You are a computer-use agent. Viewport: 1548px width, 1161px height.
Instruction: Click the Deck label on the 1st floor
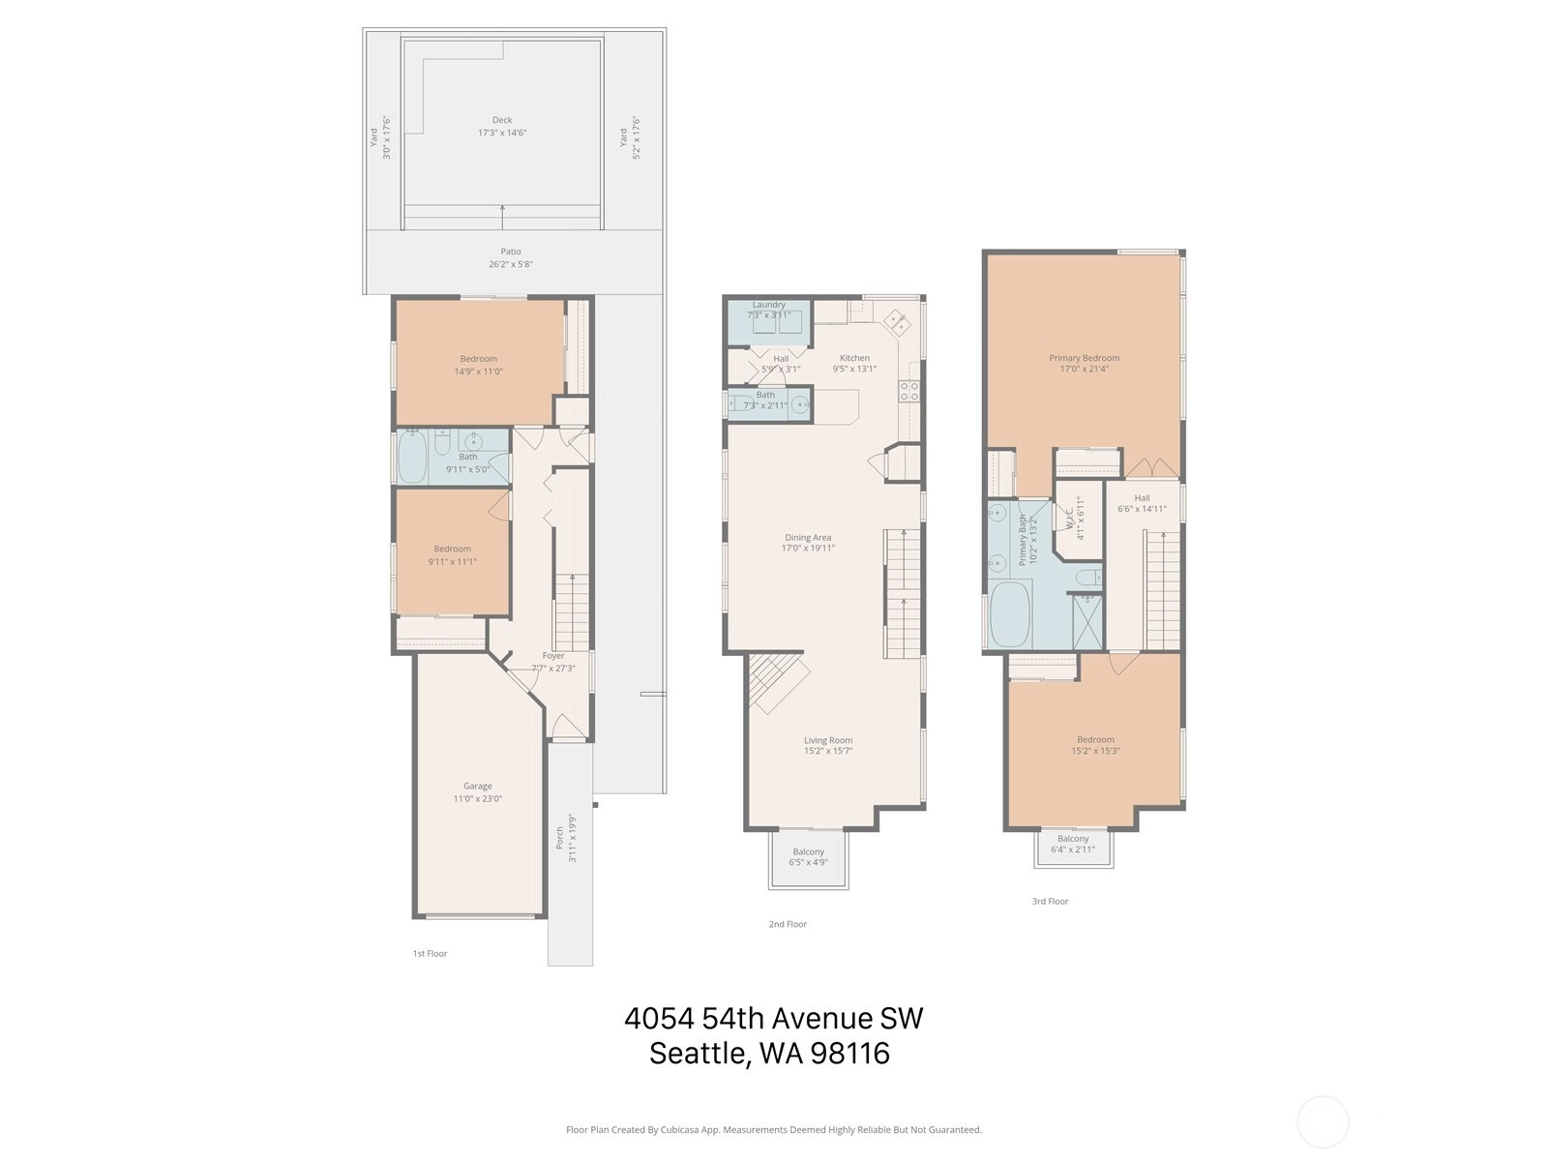[502, 120]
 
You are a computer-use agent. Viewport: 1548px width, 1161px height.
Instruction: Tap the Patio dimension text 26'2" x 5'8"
[511, 264]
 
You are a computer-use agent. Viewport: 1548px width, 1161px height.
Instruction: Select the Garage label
[477, 786]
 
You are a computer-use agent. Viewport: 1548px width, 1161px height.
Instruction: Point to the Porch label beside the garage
[560, 838]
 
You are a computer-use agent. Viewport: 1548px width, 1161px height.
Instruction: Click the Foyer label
[552, 656]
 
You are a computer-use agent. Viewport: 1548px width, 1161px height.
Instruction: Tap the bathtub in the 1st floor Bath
[412, 456]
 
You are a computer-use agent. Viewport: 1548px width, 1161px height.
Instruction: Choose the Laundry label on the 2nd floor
[769, 305]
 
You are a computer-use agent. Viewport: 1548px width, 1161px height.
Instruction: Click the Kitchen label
[854, 357]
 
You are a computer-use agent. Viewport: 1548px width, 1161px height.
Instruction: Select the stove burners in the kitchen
[909, 391]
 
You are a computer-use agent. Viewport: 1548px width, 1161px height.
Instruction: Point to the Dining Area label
[808, 537]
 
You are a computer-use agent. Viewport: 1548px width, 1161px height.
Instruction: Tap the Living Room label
[828, 740]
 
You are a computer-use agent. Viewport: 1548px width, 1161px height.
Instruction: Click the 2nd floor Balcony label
[808, 851]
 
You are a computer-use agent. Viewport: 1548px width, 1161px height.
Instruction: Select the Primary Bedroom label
[1084, 357]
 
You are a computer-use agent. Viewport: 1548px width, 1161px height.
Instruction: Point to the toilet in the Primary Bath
[1088, 578]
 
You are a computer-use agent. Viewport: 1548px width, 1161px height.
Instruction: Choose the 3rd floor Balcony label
[1073, 839]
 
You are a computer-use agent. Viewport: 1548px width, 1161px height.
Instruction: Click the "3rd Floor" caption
[1050, 901]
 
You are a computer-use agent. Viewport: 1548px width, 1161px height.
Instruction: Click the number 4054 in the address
[660, 1019]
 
